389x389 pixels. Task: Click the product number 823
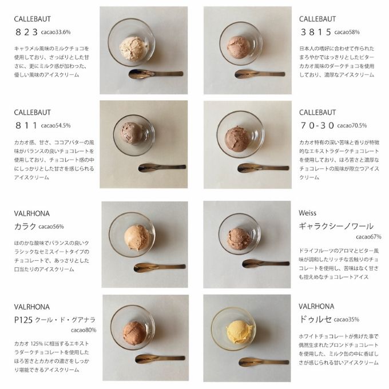[x=27, y=33]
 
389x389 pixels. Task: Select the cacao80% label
[x=84, y=330]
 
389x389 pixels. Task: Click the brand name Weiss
[x=307, y=213]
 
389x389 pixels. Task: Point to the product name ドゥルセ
[x=315, y=319]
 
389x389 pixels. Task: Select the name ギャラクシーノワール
[x=336, y=225]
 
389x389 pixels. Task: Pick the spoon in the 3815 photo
[x=260, y=73]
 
